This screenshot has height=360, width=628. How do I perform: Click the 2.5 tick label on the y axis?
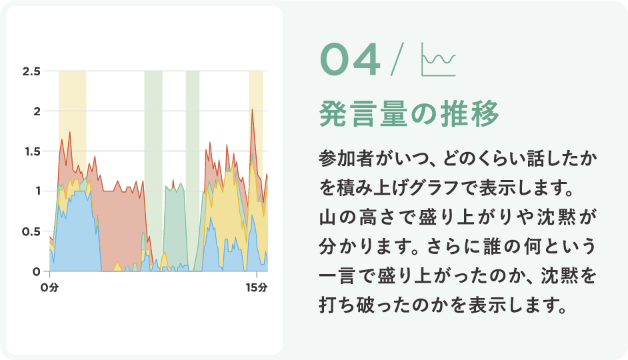click(31, 72)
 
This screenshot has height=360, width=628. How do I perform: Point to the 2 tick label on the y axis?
click(37, 111)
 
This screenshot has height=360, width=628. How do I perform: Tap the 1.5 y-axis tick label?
click(32, 152)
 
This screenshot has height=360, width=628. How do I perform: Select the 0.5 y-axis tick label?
click(31, 232)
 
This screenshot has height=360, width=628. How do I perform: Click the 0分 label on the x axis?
click(49, 287)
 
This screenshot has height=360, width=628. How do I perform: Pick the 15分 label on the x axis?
click(257, 287)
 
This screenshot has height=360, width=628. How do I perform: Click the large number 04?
click(350, 59)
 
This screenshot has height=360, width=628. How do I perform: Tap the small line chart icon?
click(439, 59)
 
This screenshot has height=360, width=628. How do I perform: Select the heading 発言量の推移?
click(409, 114)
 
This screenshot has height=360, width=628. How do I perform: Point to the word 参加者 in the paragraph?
click(347, 158)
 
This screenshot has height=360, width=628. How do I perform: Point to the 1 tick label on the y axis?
click(38, 191)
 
